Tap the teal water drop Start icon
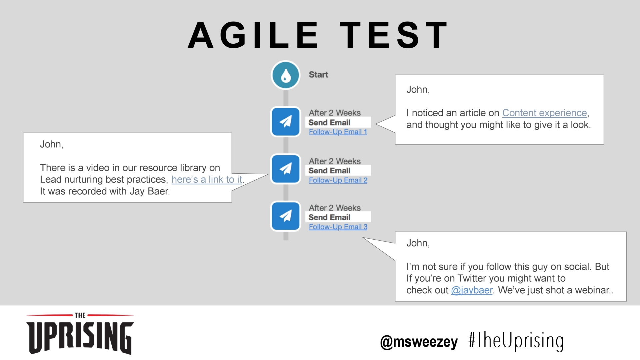coord(286,75)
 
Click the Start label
coord(318,75)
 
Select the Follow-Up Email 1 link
coord(338,132)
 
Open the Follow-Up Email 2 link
coord(338,180)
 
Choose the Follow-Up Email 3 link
coord(338,227)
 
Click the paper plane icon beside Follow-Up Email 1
coord(286,122)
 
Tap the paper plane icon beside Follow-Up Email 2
coord(286,169)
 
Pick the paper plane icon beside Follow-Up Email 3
coord(286,216)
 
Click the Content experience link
coord(545,113)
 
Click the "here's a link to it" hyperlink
coord(207,180)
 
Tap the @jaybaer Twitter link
coord(472,290)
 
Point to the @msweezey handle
coord(419,342)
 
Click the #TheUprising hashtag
coord(516,341)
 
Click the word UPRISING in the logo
coord(80,337)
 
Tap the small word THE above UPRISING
coord(80,315)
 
